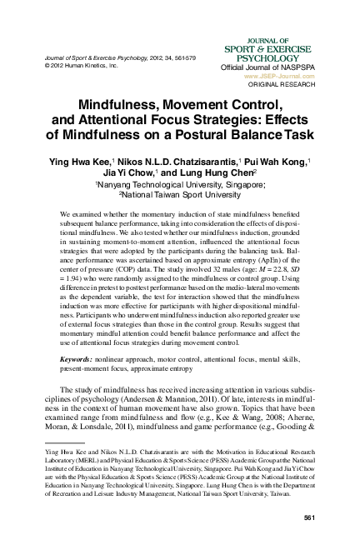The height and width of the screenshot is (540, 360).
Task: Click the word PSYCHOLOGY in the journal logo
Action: pyautogui.click(x=293, y=59)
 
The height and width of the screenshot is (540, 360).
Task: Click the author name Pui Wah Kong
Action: pyautogui.click(x=279, y=158)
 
